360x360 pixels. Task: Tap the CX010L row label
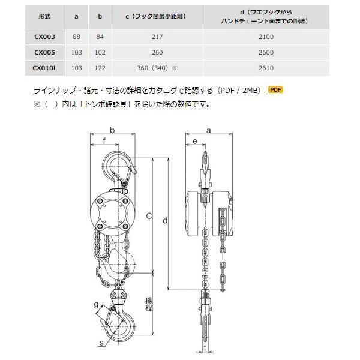[x=45, y=68]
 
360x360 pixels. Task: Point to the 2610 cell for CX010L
[x=266, y=68]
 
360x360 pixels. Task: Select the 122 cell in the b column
[x=100, y=68]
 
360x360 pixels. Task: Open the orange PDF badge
[x=275, y=90]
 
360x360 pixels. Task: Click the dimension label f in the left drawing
[x=104, y=142]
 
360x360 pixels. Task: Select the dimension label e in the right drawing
[x=196, y=142]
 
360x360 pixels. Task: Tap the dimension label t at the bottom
[x=205, y=346]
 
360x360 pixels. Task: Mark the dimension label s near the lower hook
[x=102, y=343]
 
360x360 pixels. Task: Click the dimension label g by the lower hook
[x=97, y=305]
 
